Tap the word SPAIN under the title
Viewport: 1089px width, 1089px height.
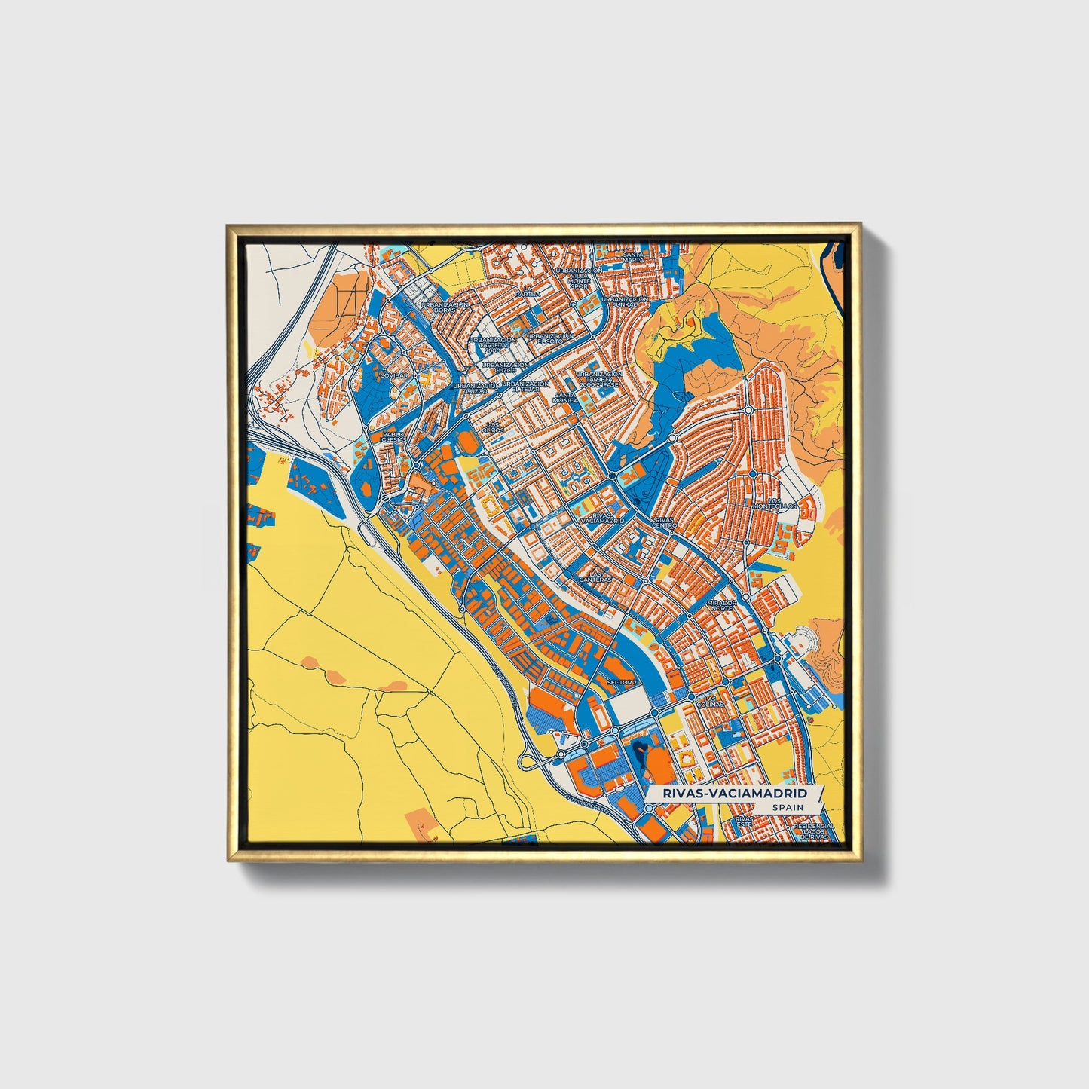pos(788,807)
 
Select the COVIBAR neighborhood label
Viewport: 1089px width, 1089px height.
pos(394,374)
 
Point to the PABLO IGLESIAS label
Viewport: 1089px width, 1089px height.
pos(393,437)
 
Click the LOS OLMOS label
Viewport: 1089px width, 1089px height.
pos(494,427)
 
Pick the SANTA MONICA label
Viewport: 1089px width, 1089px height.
pos(564,397)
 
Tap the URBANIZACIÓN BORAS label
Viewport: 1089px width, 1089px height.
pos(444,307)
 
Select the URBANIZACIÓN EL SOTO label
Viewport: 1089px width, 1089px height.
pos(550,338)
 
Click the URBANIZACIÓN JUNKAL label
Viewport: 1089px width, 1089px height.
pos(626,301)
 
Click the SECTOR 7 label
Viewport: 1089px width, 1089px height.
pos(621,683)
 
